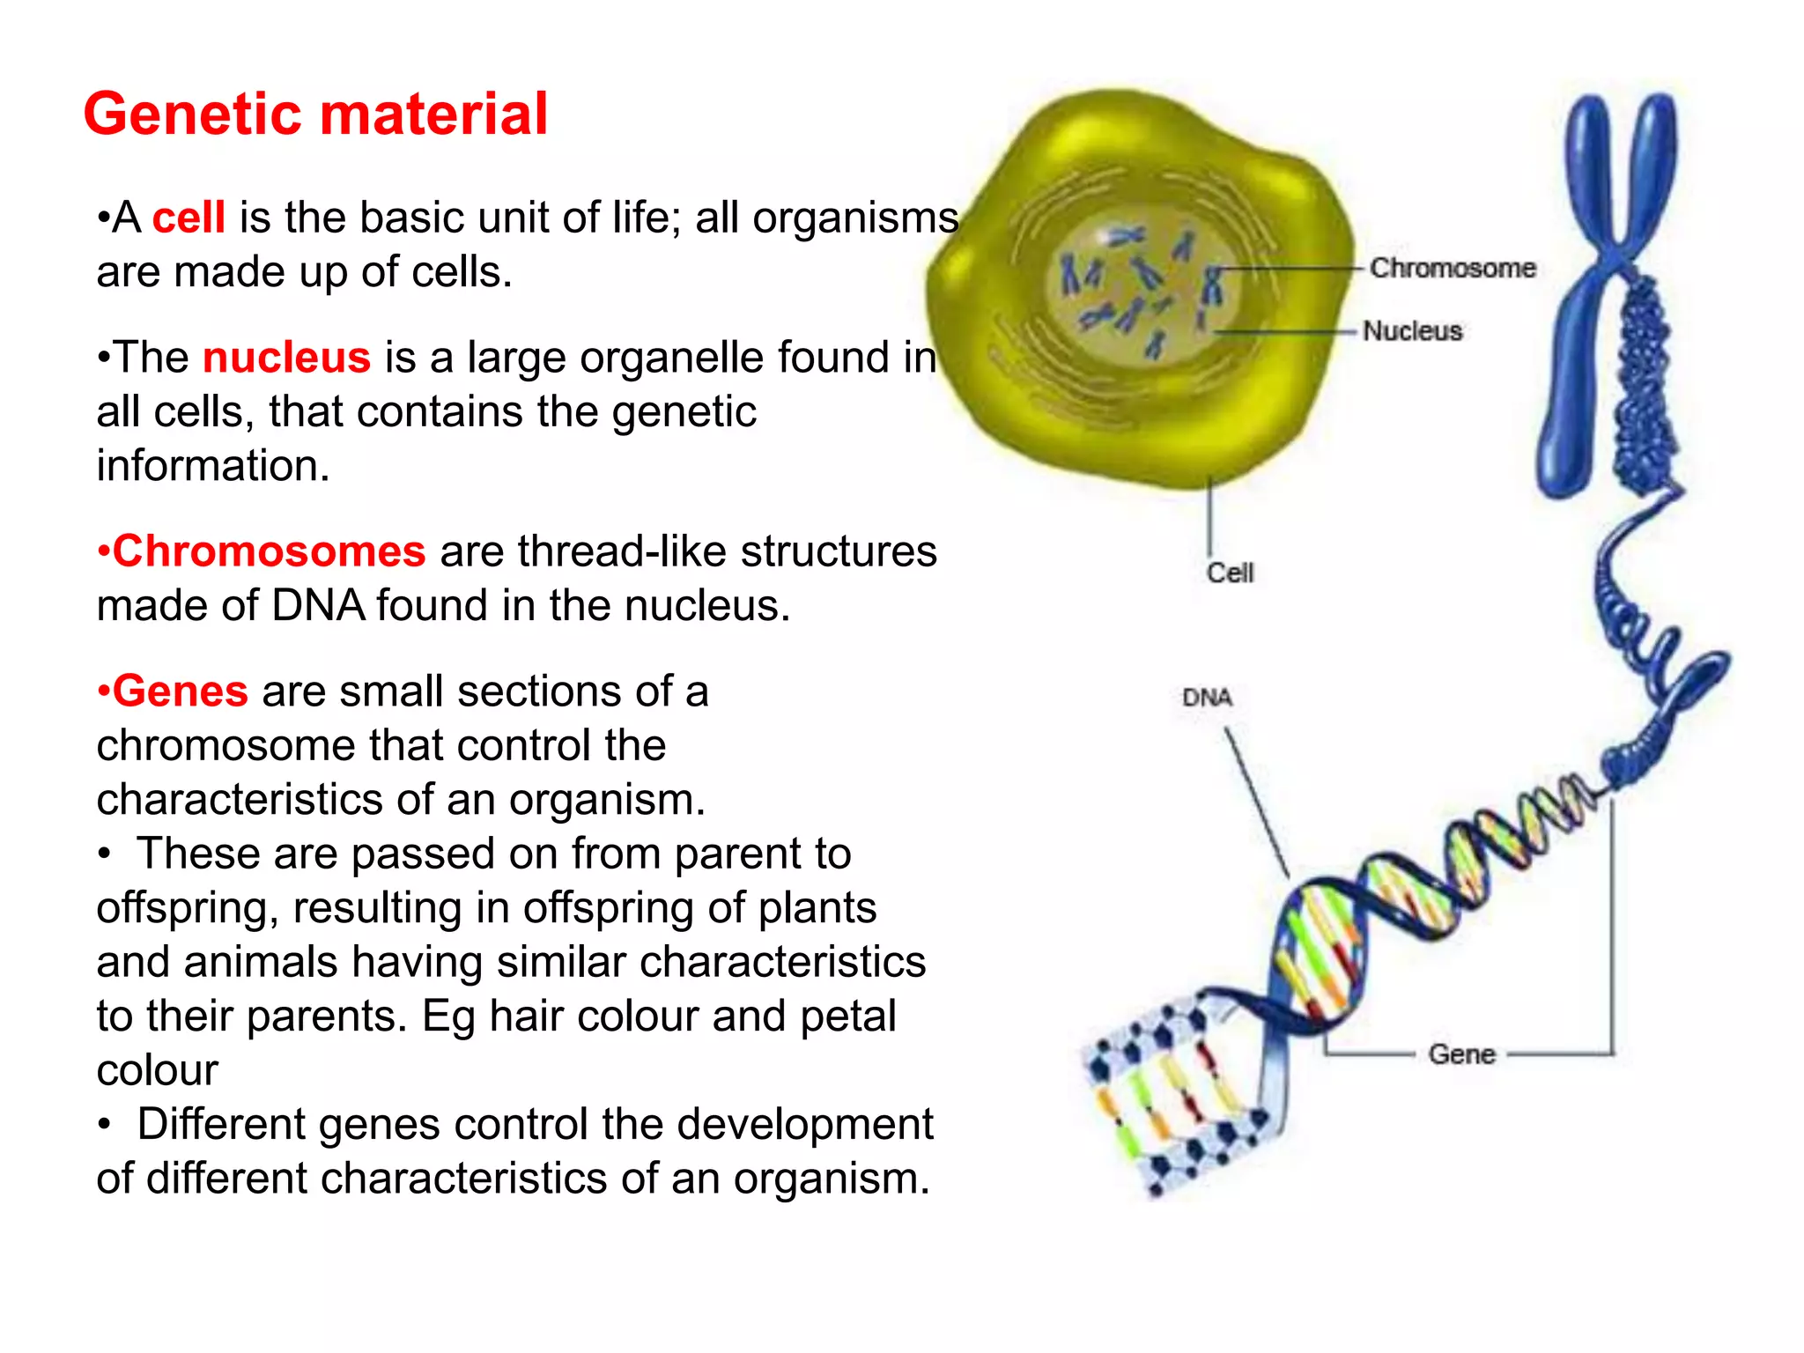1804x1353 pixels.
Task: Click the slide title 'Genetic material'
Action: (x=315, y=115)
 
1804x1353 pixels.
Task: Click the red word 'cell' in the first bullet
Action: (x=189, y=218)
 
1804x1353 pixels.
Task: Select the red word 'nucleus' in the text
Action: (x=286, y=358)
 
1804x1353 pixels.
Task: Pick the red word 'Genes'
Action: (x=179, y=691)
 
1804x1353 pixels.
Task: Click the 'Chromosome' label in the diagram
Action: (x=1452, y=268)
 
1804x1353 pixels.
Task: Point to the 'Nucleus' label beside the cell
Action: (x=1412, y=331)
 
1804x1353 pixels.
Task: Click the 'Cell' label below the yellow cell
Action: (x=1230, y=573)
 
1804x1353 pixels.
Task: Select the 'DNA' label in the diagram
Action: (x=1207, y=698)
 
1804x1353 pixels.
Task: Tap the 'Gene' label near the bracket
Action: (x=1461, y=1054)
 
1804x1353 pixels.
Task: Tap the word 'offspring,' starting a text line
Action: (x=188, y=908)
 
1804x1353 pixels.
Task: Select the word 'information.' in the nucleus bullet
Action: (x=213, y=466)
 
